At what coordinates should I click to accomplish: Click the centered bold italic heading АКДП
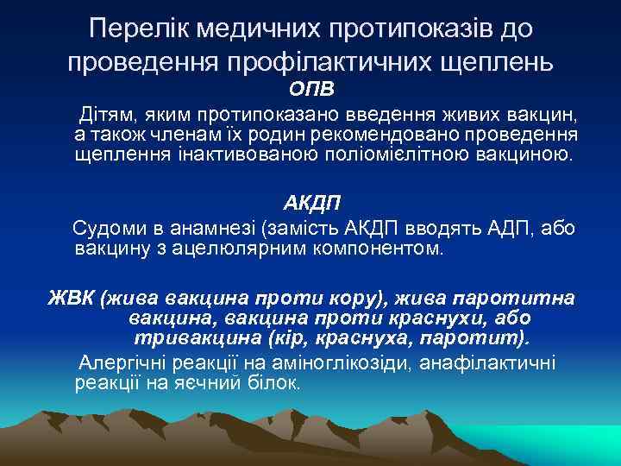click(x=312, y=204)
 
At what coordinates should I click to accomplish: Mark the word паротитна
click(x=519, y=299)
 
